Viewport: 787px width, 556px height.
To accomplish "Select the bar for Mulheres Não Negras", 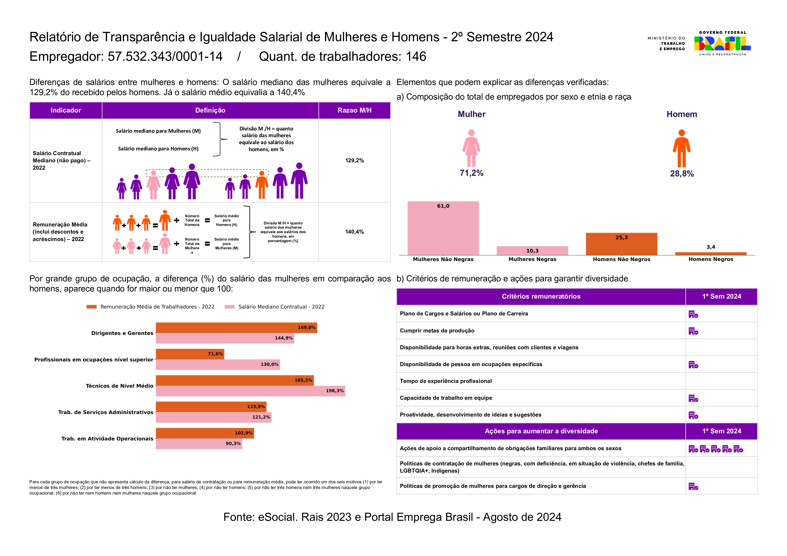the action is (443, 228).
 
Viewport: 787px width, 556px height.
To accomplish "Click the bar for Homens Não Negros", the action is (621, 244).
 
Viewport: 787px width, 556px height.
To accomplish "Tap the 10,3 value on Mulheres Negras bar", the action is (532, 251).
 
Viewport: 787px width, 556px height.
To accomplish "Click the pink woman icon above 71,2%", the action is (471, 148).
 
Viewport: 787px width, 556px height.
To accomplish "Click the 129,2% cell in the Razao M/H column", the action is (354, 160).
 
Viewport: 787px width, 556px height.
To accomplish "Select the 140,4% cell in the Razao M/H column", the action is (354, 232).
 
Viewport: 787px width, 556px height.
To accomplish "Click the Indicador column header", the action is (66, 110).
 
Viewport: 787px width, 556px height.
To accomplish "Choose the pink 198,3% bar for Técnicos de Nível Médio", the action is (250, 391).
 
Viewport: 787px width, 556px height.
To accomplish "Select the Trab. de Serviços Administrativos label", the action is (106, 412).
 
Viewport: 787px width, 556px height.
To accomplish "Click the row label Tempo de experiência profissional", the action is (446, 381).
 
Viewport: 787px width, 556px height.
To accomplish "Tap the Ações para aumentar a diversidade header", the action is (541, 431).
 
